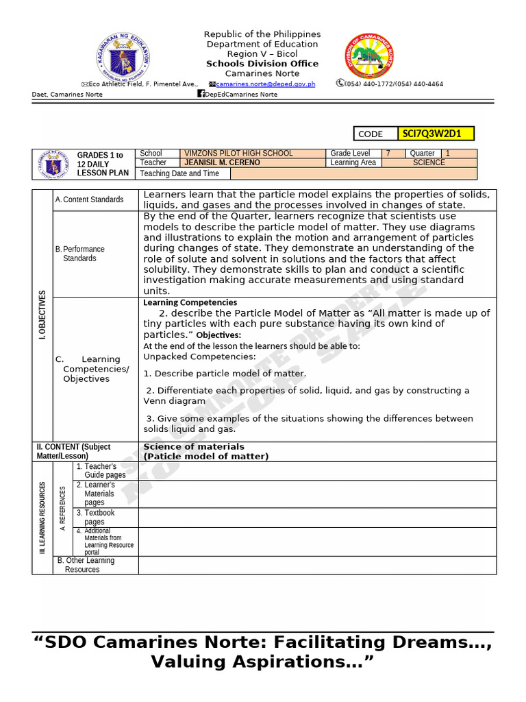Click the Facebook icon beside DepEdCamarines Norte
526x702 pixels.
tap(201, 94)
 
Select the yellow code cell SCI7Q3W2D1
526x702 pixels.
tap(436, 134)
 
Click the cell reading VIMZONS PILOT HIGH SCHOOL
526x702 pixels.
tap(238, 154)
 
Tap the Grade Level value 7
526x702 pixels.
tap(388, 154)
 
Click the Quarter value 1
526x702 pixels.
tap(448, 154)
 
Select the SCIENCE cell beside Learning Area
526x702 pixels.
tap(429, 162)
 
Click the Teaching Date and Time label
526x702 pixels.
tap(180, 173)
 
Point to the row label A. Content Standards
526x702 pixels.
tap(89, 199)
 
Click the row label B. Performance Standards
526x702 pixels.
tap(80, 254)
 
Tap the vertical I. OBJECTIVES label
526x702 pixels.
tap(42, 315)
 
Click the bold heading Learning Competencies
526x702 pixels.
tap(190, 302)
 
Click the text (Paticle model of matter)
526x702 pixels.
tap(205, 456)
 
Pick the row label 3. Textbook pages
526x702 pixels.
tap(95, 517)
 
